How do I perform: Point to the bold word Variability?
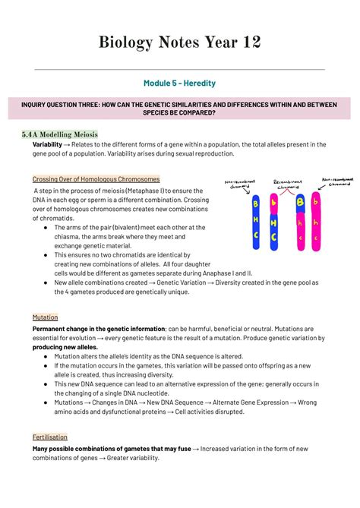[47, 144]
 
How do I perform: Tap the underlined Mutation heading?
[45, 317]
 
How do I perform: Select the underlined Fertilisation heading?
[50, 437]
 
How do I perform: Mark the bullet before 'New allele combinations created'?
[47, 282]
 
